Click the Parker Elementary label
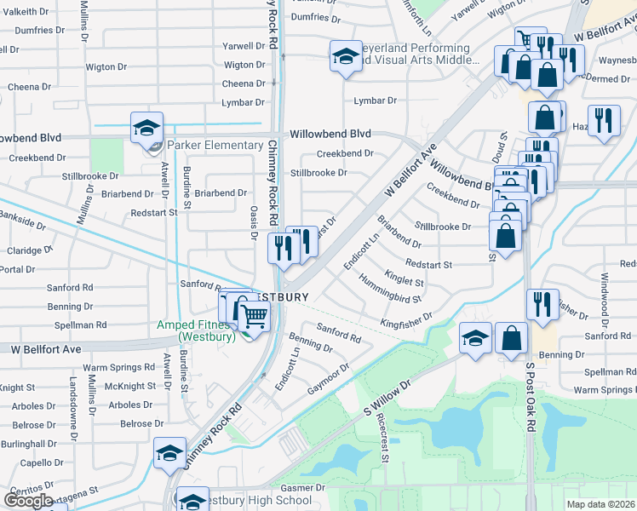pos(215,145)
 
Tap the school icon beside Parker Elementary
pos(146,129)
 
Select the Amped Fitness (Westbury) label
pos(196,330)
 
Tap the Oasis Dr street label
pos(253,224)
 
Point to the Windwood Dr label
pos(605,290)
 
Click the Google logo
pos(28,500)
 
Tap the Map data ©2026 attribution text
pos(601,504)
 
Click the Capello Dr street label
pos(35,463)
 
